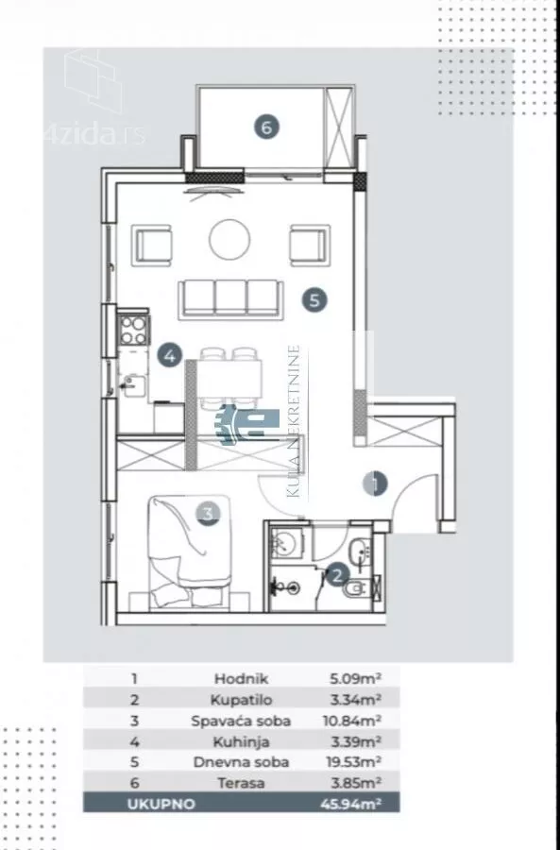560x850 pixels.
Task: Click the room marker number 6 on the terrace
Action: tap(266, 127)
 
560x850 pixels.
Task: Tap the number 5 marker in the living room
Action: tap(315, 299)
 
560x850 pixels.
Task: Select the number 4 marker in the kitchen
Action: tap(170, 356)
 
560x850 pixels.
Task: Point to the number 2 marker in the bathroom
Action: tap(336, 574)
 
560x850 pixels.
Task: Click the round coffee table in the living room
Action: tap(229, 240)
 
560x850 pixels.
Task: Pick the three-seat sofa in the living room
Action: tap(231, 299)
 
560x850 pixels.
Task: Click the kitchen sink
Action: tap(133, 385)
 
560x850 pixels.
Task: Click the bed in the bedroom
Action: tap(190, 552)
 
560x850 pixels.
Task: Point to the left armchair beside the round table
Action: tap(152, 246)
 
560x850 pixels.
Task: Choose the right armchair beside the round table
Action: tap(310, 246)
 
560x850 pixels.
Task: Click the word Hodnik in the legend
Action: tap(241, 678)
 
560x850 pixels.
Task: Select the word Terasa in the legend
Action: tap(241, 783)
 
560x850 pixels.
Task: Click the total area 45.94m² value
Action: tap(350, 804)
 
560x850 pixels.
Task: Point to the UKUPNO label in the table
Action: tap(161, 804)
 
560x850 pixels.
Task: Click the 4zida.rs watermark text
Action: tap(95, 134)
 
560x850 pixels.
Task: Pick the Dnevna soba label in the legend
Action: tap(241, 761)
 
